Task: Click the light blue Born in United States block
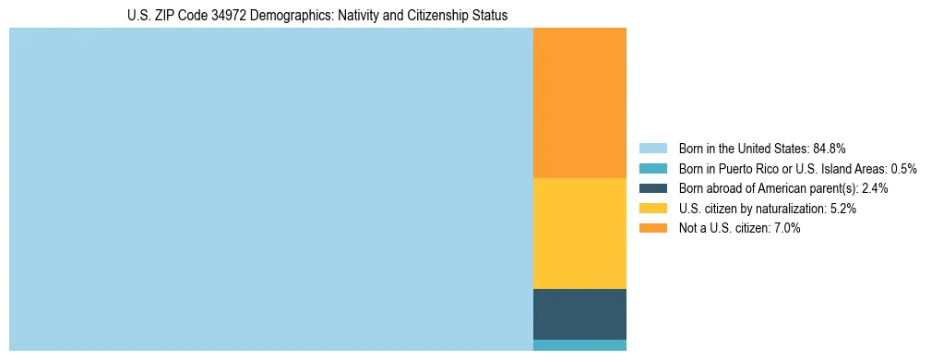270,189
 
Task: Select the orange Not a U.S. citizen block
579,102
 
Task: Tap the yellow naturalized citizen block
579,233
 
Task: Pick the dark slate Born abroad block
579,314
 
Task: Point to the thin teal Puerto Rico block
579,345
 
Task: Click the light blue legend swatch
652,148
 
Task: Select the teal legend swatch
652,168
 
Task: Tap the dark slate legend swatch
652,188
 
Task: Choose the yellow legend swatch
652,209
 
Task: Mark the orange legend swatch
652,228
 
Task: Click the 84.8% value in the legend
830,148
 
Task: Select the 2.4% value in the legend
875,188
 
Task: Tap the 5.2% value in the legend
843,209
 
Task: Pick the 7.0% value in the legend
787,228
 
